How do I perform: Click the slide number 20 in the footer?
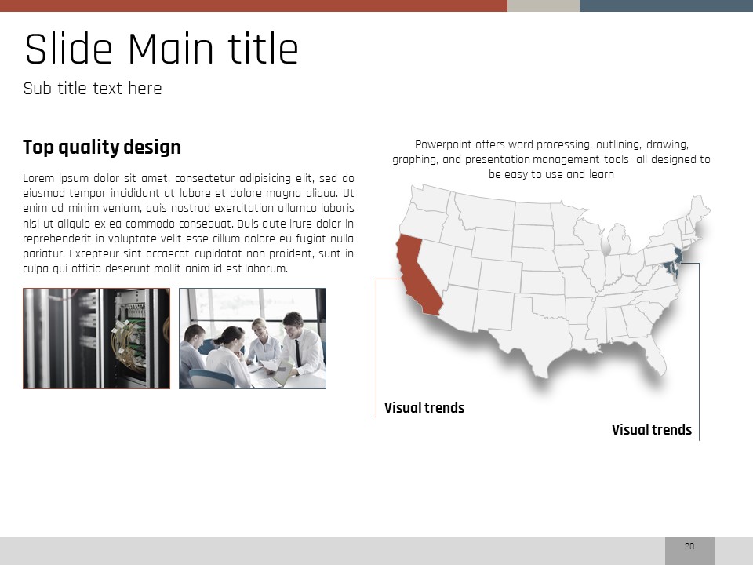[689, 546]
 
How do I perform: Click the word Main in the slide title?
[170, 49]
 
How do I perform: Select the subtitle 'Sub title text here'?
[93, 89]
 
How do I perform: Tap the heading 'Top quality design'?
[102, 147]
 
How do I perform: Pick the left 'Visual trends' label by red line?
[424, 408]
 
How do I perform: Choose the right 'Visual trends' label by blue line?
[652, 429]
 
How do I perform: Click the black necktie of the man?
[298, 353]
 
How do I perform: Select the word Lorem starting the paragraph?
[38, 178]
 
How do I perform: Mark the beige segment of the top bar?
[544, 5]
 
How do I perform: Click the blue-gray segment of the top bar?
[666, 5]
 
